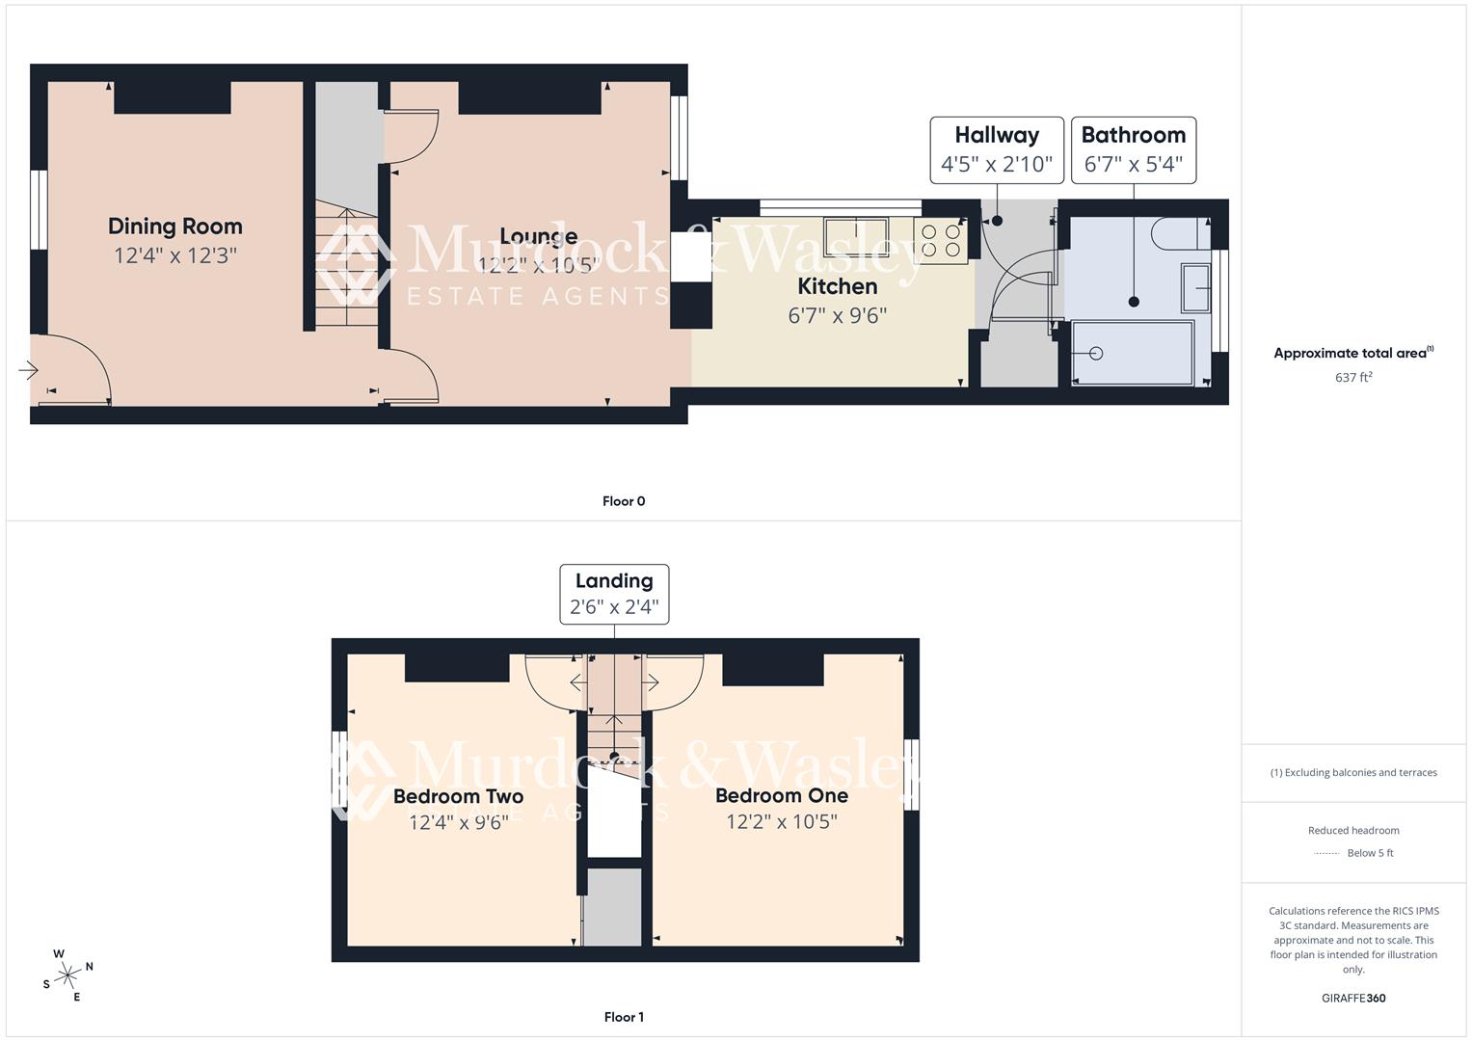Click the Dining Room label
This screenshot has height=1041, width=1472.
tap(174, 227)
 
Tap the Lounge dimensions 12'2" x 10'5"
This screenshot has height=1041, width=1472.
tap(539, 264)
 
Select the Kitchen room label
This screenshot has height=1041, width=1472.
tap(837, 286)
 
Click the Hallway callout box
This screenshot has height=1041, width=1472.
tap(997, 149)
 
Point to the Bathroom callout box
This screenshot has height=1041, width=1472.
tap(1134, 149)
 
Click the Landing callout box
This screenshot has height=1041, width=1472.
tap(614, 594)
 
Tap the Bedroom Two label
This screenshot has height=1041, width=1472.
tap(458, 797)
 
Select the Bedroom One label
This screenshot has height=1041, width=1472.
tap(782, 796)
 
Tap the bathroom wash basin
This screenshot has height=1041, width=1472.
tap(1196, 287)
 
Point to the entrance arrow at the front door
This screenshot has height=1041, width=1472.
tap(28, 370)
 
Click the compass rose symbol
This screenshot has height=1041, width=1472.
tap(67, 975)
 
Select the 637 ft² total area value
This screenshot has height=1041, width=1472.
tap(1353, 378)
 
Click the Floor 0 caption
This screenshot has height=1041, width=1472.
tap(624, 501)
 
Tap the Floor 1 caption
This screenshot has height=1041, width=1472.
tap(624, 1017)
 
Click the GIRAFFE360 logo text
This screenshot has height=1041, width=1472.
tap(1353, 998)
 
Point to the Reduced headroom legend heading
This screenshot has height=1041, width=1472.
tap(1353, 830)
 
